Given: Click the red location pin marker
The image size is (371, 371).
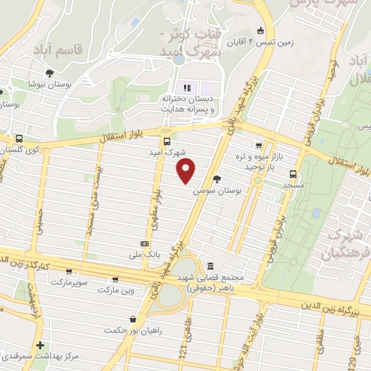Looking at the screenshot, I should pyautogui.click(x=186, y=172).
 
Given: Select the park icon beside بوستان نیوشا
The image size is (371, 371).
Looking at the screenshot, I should pyautogui.click(x=49, y=72).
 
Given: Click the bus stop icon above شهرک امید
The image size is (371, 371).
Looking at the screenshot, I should pyautogui.click(x=167, y=141).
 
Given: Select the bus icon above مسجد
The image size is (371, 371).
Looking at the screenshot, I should pyautogui.click(x=293, y=174).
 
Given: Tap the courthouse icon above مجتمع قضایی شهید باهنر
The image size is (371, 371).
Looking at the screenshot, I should pyautogui.click(x=210, y=266).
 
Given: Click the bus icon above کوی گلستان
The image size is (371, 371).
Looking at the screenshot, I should pyautogui.click(x=18, y=138).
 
